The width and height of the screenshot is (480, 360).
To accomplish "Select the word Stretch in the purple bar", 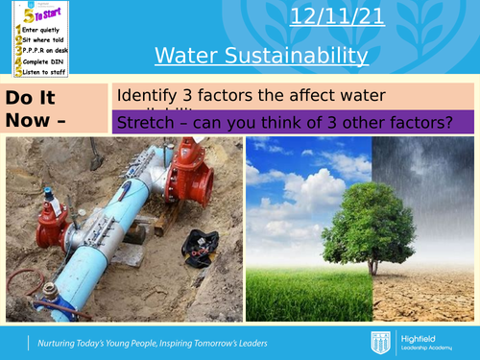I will point(142,123).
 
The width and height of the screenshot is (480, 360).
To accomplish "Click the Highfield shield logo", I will point(379,343).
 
